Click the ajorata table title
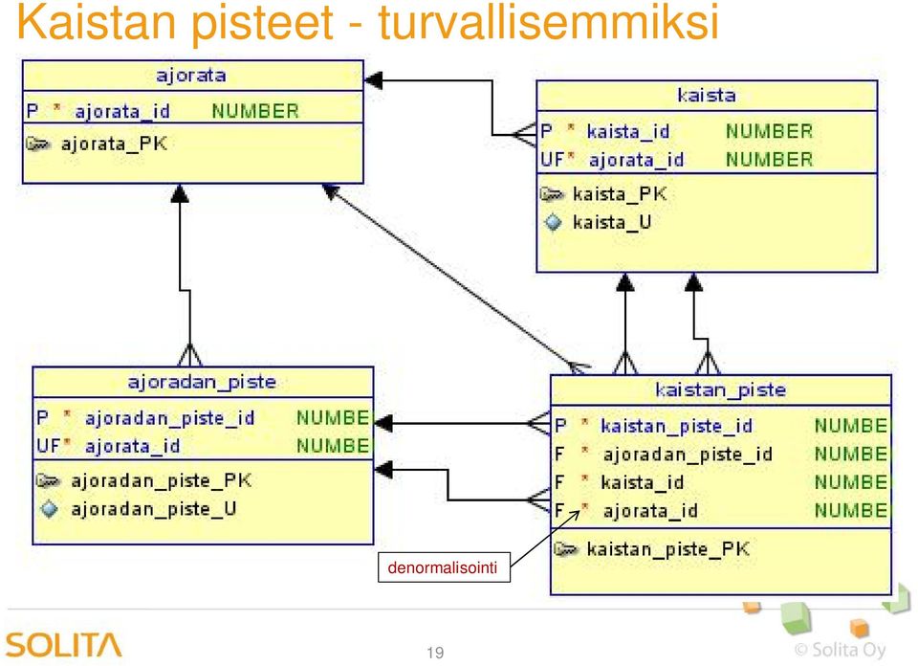[x=191, y=76]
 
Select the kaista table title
[x=707, y=95]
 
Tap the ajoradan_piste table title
[x=202, y=383]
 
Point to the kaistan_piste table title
[x=721, y=390]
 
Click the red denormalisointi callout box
[x=444, y=567]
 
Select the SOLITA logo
[x=64, y=645]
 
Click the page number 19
[x=435, y=653]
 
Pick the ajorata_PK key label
[x=114, y=144]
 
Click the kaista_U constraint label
[x=612, y=222]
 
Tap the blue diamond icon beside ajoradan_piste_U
[x=49, y=508]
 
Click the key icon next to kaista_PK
[x=552, y=194]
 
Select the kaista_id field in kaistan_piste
[x=643, y=482]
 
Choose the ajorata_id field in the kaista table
[x=637, y=160]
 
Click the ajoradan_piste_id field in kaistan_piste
[x=688, y=454]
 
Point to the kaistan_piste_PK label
[x=668, y=549]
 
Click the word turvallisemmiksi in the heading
[x=549, y=22]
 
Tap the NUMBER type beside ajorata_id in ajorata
[x=255, y=111]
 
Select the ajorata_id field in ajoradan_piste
[x=132, y=446]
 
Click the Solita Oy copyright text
[x=841, y=649]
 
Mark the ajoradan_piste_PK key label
[x=162, y=480]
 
